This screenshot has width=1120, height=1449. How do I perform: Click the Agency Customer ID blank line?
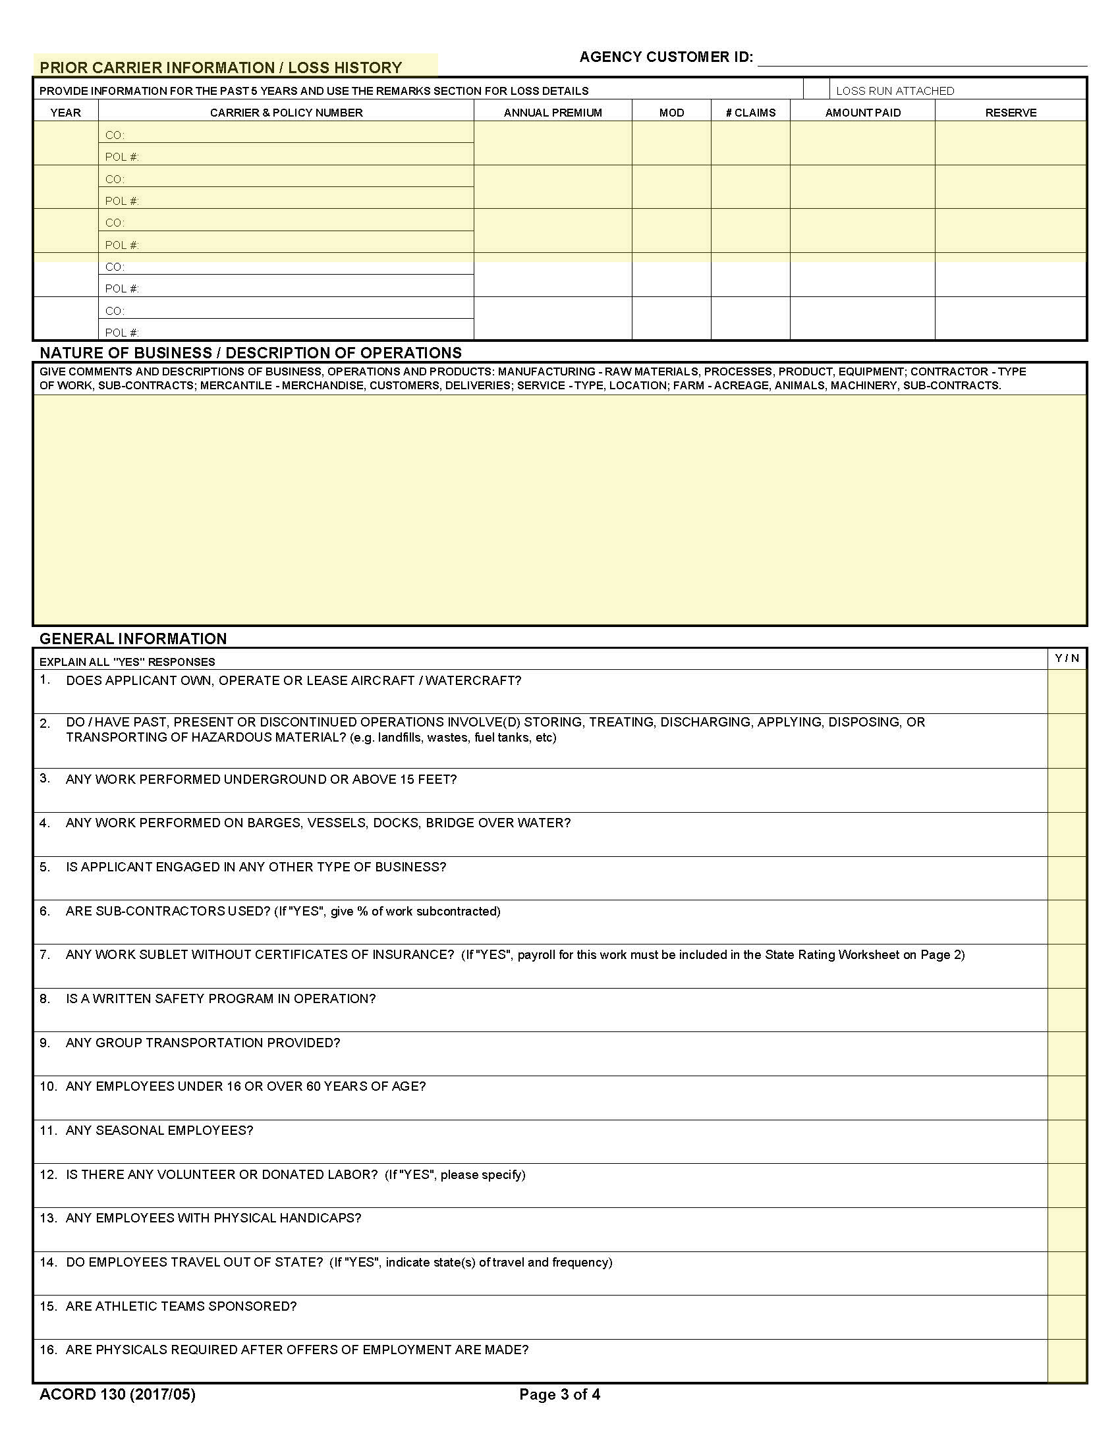(x=922, y=59)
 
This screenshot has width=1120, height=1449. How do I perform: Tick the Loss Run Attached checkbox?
(x=816, y=90)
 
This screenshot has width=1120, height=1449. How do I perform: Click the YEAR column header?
(x=66, y=112)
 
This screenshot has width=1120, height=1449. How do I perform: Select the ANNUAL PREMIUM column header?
(x=553, y=112)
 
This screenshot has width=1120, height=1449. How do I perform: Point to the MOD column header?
(x=671, y=112)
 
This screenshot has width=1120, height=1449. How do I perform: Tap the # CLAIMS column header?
(x=750, y=112)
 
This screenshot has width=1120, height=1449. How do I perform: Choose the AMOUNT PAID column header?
(x=862, y=112)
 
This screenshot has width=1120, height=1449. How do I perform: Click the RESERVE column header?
(x=1011, y=112)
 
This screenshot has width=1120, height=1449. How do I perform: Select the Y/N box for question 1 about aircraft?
(x=1067, y=692)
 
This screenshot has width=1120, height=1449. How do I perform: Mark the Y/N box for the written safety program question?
(x=1067, y=1010)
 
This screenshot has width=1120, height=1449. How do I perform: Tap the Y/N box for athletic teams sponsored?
(x=1067, y=1317)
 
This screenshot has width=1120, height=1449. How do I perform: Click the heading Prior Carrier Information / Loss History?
(x=221, y=67)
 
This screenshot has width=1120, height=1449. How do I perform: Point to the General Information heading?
(x=133, y=638)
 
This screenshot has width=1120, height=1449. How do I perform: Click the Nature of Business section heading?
(x=251, y=352)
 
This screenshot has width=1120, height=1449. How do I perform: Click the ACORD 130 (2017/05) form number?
(x=117, y=1394)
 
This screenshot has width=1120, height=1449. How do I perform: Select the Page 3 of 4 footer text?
(x=559, y=1394)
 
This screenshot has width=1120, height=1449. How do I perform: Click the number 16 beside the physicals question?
(x=47, y=1350)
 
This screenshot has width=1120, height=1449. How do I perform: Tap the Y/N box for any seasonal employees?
(x=1067, y=1141)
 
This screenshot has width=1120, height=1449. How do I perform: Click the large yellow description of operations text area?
(x=559, y=510)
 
